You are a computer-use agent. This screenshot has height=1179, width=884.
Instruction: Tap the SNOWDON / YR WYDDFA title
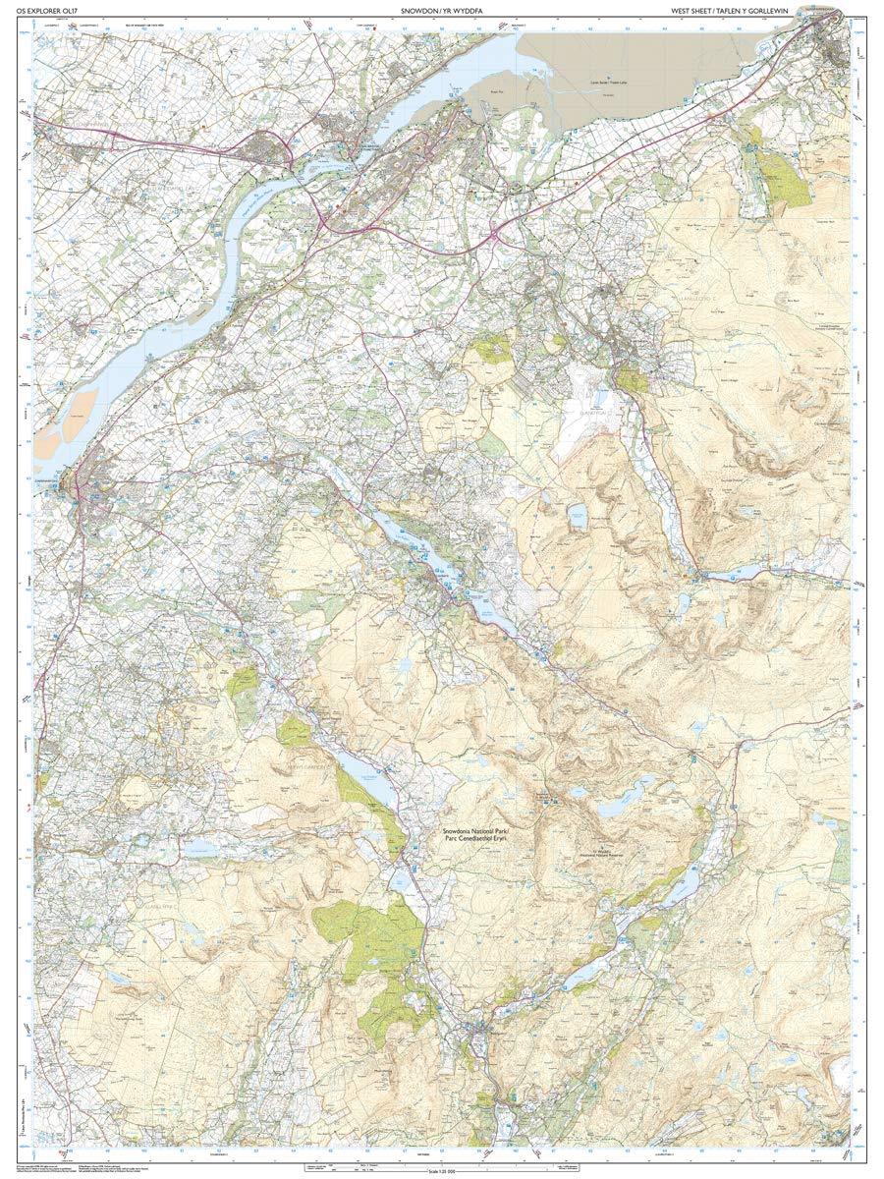click(441, 11)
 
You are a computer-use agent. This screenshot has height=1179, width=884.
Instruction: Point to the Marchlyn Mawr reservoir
click(576, 513)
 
